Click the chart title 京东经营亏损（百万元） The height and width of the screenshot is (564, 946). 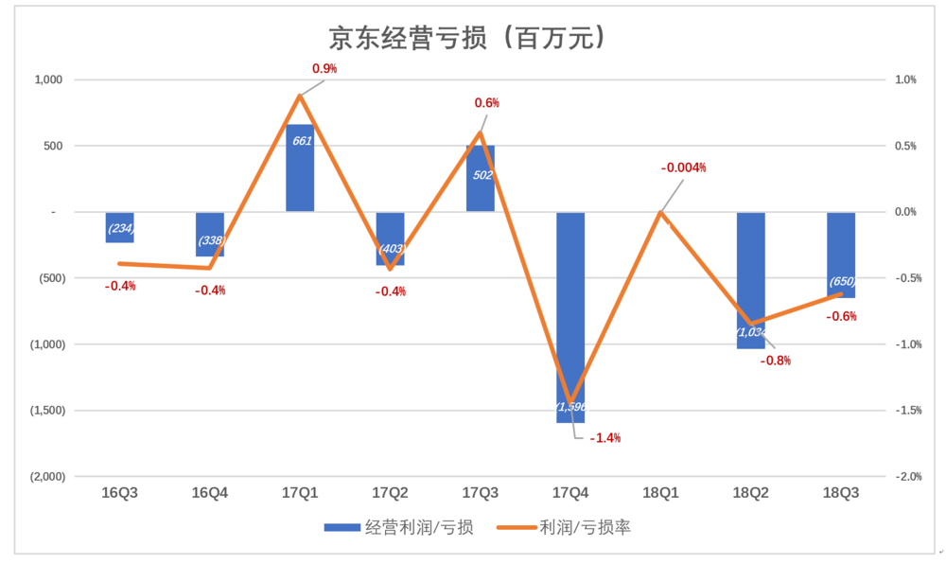[466, 38]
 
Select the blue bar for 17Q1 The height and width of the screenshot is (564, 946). [300, 168]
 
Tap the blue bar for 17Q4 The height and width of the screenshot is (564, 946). [570, 317]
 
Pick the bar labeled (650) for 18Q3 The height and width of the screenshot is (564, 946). [841, 256]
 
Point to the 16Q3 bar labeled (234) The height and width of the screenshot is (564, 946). [119, 227]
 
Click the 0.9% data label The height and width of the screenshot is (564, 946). [324, 69]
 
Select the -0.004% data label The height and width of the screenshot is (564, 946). [684, 167]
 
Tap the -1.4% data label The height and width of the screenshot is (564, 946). [604, 438]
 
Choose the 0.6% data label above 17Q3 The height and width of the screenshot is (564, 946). [486, 103]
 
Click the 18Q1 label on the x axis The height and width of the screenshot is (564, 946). [660, 493]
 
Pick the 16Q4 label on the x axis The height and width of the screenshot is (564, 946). [209, 493]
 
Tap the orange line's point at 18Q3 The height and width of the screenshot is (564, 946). [841, 294]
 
